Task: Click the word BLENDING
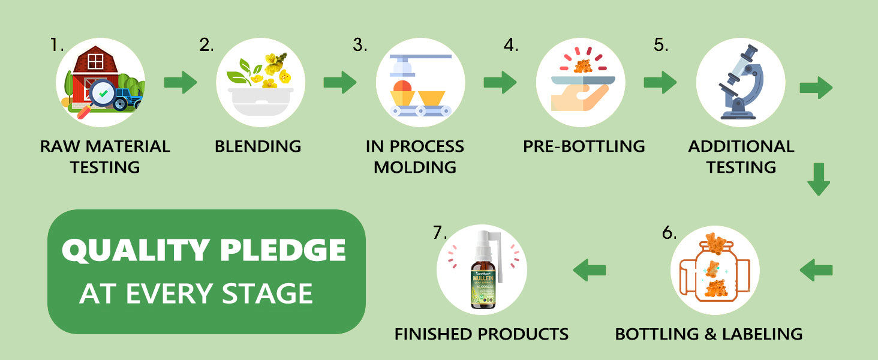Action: pos(258,146)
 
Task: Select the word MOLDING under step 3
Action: pos(415,167)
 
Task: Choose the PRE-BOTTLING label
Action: pos(584,146)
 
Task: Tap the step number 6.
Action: pos(669,233)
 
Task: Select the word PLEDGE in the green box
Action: pos(282,251)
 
